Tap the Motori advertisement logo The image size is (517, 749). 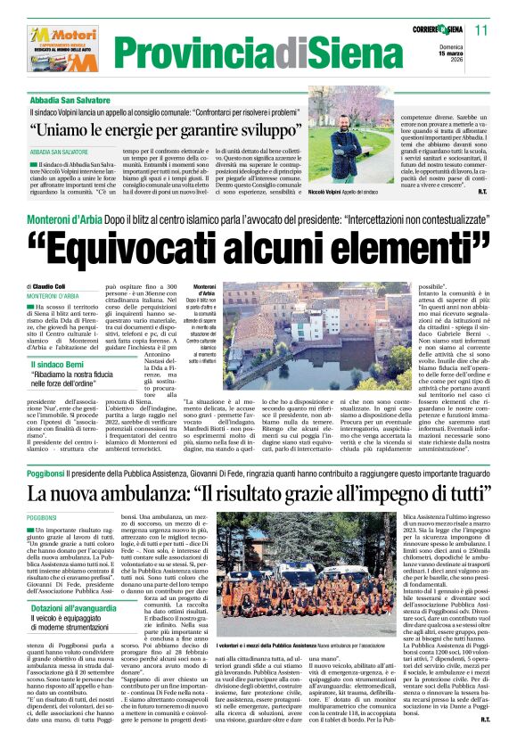57,48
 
